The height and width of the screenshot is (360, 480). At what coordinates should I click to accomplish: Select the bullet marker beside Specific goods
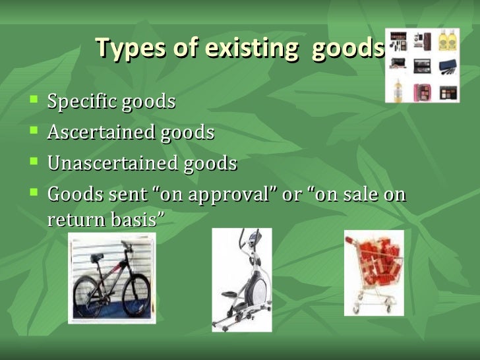pyautogui.click(x=34, y=101)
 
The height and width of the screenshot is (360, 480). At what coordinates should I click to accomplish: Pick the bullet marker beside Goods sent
pyautogui.click(x=34, y=193)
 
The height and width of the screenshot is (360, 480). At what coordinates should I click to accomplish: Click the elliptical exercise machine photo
pyautogui.click(x=241, y=280)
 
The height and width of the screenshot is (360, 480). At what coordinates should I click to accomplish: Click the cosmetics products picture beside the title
pyautogui.click(x=423, y=65)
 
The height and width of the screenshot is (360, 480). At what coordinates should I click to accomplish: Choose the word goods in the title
pyautogui.click(x=347, y=48)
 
